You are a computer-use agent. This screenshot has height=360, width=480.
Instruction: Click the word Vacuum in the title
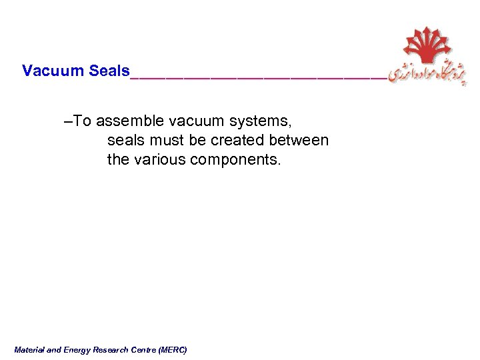click(53, 71)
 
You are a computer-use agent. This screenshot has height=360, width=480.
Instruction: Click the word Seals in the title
click(109, 71)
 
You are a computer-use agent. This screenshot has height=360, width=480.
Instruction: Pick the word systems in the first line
click(259, 121)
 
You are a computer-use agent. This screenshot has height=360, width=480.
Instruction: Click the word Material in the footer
click(29, 349)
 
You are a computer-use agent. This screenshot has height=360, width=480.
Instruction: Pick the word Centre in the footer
click(143, 349)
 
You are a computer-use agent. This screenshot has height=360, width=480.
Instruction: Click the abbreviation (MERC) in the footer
click(173, 349)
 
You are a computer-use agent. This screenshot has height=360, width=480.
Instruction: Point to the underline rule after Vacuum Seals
click(257, 77)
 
